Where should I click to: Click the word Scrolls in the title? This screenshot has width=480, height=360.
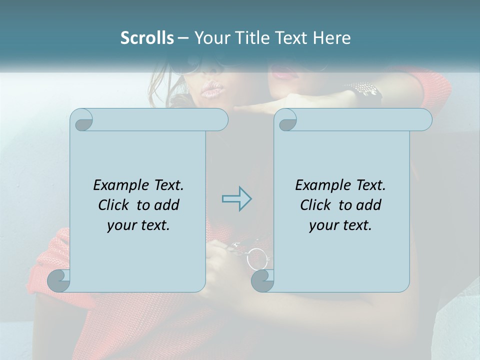coord(147,38)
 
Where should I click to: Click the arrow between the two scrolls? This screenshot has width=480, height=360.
coord(236,199)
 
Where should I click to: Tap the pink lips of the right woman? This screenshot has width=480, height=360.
coord(285,75)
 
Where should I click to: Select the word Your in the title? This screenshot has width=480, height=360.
coord(210,38)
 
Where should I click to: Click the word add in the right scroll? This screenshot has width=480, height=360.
coord(367,205)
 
